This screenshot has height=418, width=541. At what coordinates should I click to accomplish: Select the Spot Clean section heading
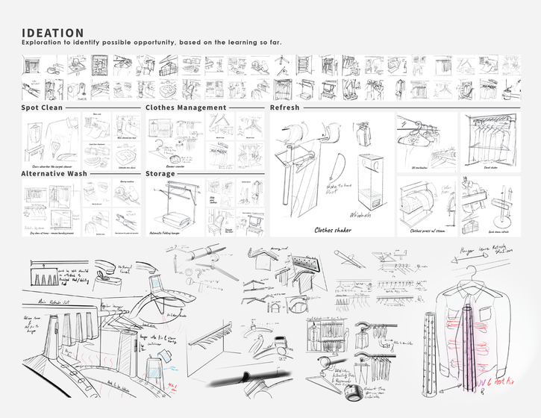(x=41, y=107)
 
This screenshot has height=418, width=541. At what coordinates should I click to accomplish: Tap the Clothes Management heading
(x=186, y=107)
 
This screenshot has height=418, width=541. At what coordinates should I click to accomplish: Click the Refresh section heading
(x=284, y=107)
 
